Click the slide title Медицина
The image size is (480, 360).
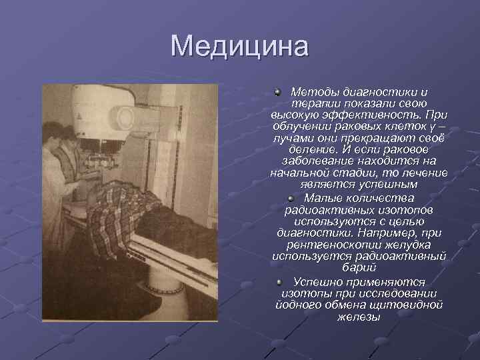tap(239, 47)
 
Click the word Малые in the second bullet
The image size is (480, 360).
tap(324, 197)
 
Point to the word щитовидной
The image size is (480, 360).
tap(411, 304)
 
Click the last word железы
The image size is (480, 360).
tap(359, 316)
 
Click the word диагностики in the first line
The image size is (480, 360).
tap(383, 92)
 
